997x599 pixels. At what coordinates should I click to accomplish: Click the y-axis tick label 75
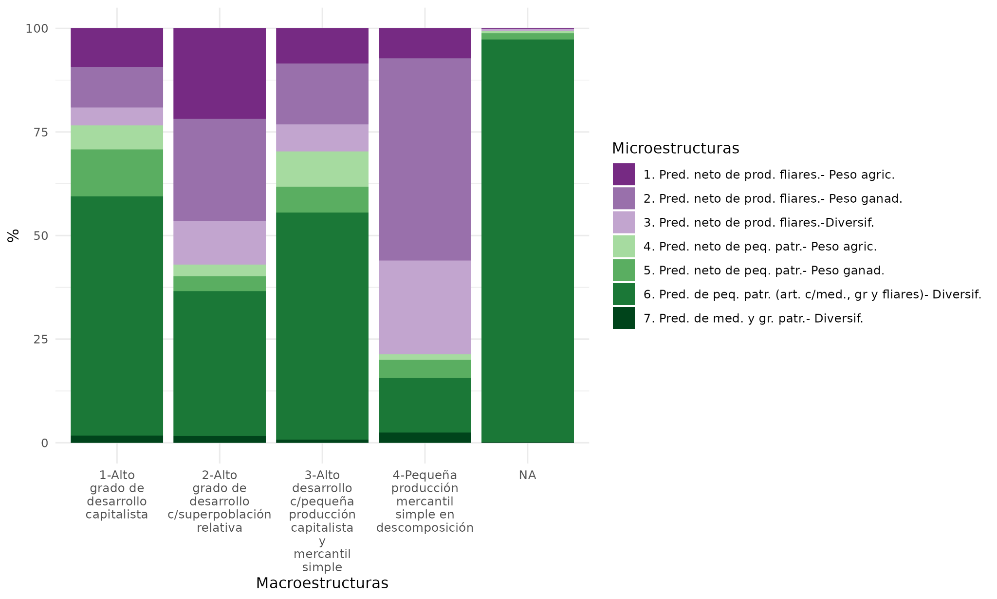pyautogui.click(x=40, y=133)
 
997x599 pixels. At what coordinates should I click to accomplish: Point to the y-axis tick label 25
pyautogui.click(x=40, y=340)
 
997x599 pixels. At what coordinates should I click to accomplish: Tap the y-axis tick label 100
pyautogui.click(x=37, y=29)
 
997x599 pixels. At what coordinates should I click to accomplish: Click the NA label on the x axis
pyautogui.click(x=527, y=475)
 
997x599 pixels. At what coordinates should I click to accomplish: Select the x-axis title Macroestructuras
pyautogui.click(x=322, y=583)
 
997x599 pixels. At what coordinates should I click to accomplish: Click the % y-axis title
pyautogui.click(x=13, y=235)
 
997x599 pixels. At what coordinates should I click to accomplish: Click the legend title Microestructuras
pyautogui.click(x=675, y=148)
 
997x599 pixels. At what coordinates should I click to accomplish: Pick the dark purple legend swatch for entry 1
pyautogui.click(x=624, y=174)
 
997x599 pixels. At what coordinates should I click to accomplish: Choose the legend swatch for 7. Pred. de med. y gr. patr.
pyautogui.click(x=624, y=318)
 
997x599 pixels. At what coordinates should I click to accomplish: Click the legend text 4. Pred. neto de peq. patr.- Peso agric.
pyautogui.click(x=759, y=247)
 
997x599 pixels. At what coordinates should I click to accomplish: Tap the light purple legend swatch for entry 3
pyautogui.click(x=624, y=222)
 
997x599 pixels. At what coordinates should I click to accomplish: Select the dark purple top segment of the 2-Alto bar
pyautogui.click(x=220, y=73)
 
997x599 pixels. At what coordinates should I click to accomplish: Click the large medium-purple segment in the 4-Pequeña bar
pyautogui.click(x=425, y=159)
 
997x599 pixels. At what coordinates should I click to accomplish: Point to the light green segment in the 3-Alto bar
pyautogui.click(x=322, y=169)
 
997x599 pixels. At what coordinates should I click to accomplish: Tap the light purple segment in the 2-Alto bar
pyautogui.click(x=220, y=243)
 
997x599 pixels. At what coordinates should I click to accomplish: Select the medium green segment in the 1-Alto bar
pyautogui.click(x=117, y=173)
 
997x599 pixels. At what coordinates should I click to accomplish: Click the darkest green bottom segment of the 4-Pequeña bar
pyautogui.click(x=425, y=438)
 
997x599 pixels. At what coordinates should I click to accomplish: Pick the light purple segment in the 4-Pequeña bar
pyautogui.click(x=425, y=307)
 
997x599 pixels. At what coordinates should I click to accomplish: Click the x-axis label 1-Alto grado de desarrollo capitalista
pyautogui.click(x=117, y=495)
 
